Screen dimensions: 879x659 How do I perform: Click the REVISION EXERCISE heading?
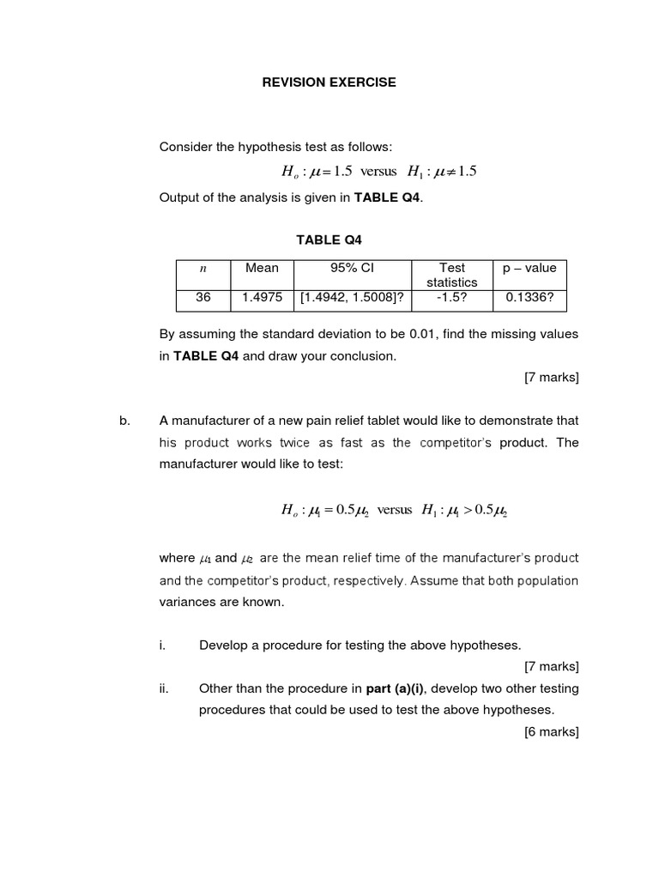[x=329, y=82]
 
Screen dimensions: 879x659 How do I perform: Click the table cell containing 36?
[x=203, y=299]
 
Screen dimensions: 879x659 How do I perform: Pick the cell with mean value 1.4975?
[x=262, y=299]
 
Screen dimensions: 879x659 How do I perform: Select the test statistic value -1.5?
[x=451, y=299]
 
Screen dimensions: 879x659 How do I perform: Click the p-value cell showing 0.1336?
[x=529, y=299]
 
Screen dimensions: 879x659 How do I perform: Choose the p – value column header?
[x=529, y=268]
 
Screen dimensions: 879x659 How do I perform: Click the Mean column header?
[x=262, y=268]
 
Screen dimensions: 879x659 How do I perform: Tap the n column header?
[x=203, y=268]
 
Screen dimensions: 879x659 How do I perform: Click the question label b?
[x=125, y=421]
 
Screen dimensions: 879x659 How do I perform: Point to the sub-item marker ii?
[x=164, y=688]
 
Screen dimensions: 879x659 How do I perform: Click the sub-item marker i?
[x=162, y=645]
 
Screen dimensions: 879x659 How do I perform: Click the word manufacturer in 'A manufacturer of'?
[x=211, y=421]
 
